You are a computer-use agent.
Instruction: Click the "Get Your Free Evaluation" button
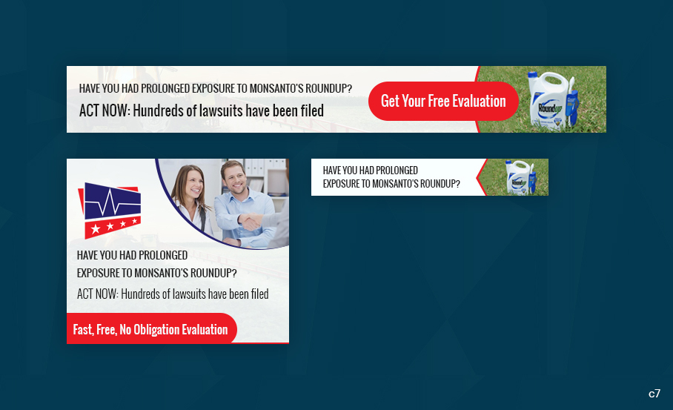click(x=443, y=101)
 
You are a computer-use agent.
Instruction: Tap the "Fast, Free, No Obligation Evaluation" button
click(x=150, y=329)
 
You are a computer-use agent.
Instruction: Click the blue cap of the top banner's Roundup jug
click(x=532, y=76)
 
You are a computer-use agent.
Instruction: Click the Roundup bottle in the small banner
click(x=519, y=178)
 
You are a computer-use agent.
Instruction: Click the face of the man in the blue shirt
click(x=234, y=177)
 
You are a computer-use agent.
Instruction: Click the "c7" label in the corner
click(x=654, y=394)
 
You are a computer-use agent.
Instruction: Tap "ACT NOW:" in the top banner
click(x=105, y=111)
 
